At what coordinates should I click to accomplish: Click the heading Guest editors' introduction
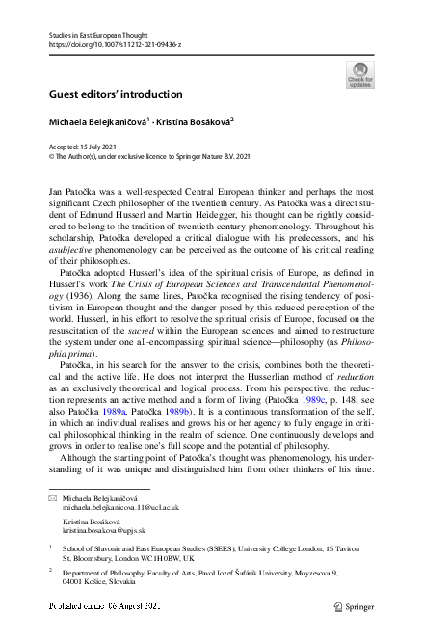115,94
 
